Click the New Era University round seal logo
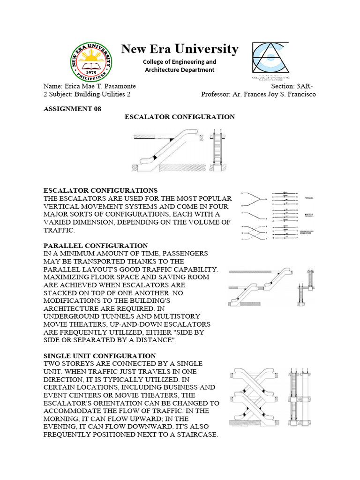(x=92, y=61)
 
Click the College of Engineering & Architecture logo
(x=270, y=61)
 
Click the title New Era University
(x=180, y=49)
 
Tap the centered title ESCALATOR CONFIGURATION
(x=180, y=117)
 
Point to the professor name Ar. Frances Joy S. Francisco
(x=274, y=94)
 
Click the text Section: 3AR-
(x=293, y=86)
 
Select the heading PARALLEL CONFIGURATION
(x=96, y=246)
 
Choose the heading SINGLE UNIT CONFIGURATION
(x=99, y=356)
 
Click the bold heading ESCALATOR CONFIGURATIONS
(x=100, y=190)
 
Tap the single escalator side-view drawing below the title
(x=167, y=150)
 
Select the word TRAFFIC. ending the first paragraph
(x=59, y=230)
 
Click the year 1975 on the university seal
(x=92, y=72)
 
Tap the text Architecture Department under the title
(x=180, y=70)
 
